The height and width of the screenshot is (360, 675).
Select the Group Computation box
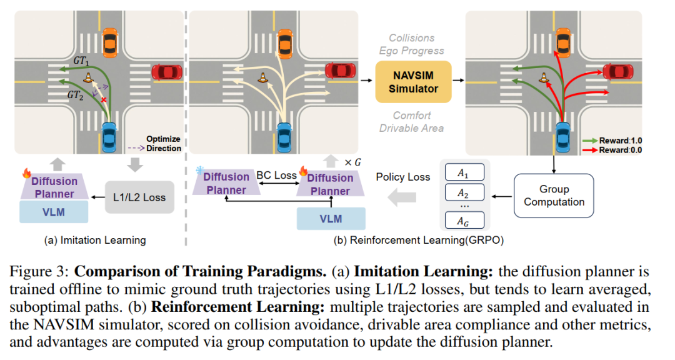pyautogui.click(x=554, y=195)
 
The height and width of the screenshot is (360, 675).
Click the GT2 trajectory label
pyautogui.click(x=74, y=96)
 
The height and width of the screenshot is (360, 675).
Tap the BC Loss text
pyautogui.click(x=276, y=175)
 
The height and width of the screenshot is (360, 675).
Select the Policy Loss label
pyautogui.click(x=402, y=177)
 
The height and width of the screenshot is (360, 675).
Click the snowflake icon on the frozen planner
pyautogui.click(x=199, y=170)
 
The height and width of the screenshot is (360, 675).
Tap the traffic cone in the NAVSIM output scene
pyautogui.click(x=544, y=77)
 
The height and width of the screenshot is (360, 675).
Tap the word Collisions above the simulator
pyautogui.click(x=412, y=38)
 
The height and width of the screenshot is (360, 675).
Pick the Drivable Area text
pyautogui.click(x=412, y=128)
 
